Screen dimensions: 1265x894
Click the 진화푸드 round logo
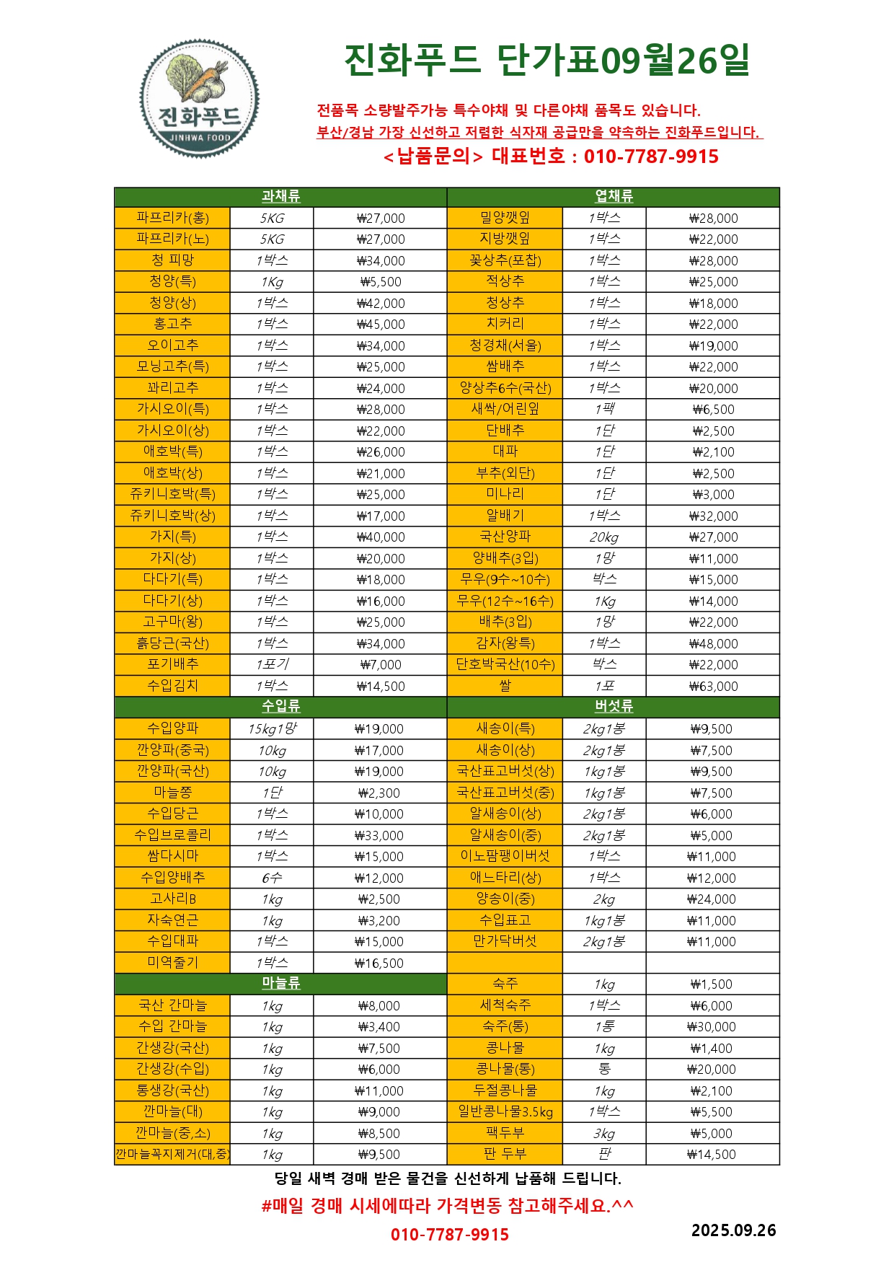(x=199, y=99)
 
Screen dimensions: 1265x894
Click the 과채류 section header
(x=280, y=197)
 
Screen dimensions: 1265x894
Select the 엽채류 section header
(x=614, y=197)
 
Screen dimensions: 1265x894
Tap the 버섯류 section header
(x=614, y=707)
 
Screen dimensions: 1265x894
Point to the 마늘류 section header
(x=280, y=984)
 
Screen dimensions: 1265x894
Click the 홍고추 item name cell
(x=172, y=324)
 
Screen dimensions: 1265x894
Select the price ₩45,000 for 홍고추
(x=381, y=325)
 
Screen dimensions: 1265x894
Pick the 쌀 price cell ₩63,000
(x=713, y=686)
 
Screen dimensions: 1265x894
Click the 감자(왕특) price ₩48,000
(x=713, y=643)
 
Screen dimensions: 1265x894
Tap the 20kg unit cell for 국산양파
(x=604, y=537)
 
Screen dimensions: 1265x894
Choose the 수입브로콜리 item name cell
(x=172, y=835)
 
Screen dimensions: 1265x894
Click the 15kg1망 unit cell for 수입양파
(x=272, y=728)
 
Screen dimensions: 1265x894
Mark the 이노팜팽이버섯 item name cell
(x=505, y=856)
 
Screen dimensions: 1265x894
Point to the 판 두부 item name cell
(x=505, y=1154)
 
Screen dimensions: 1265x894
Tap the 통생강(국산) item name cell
(x=172, y=1090)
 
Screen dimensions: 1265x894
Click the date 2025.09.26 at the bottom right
(x=733, y=1230)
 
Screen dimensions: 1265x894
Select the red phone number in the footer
(x=450, y=1235)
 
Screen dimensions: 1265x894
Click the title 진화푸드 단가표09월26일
(x=547, y=61)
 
